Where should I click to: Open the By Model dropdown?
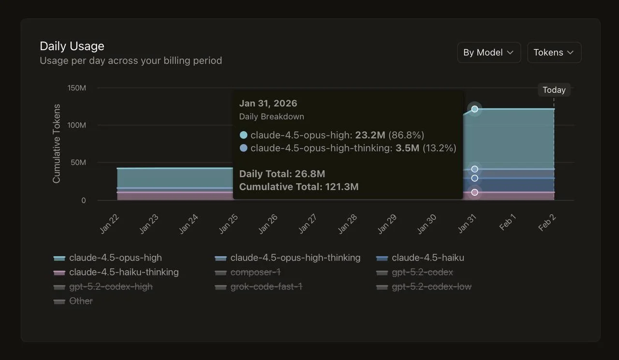[x=488, y=53]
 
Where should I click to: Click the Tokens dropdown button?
[x=554, y=53]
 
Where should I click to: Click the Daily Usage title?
[x=72, y=46]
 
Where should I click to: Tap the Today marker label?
[x=554, y=90]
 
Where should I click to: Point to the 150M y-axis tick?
[x=76, y=88]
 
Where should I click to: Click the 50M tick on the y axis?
[x=78, y=162]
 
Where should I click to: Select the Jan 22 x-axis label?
[x=110, y=224]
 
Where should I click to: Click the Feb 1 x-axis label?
[x=507, y=223]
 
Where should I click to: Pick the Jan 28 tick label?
[x=348, y=224]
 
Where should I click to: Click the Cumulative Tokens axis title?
[x=57, y=144]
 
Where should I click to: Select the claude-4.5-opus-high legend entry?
[x=115, y=258]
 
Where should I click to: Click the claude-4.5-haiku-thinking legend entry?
[x=124, y=272]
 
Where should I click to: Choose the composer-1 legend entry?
[x=255, y=272]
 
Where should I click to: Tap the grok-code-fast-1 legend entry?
[x=266, y=287]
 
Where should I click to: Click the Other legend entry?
[x=81, y=301]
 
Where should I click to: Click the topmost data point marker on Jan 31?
[x=474, y=109]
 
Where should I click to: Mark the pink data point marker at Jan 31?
[x=474, y=192]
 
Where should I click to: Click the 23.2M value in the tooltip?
[x=370, y=135]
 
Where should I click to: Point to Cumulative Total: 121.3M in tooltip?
[x=299, y=187]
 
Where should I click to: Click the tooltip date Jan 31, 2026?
[x=268, y=103]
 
